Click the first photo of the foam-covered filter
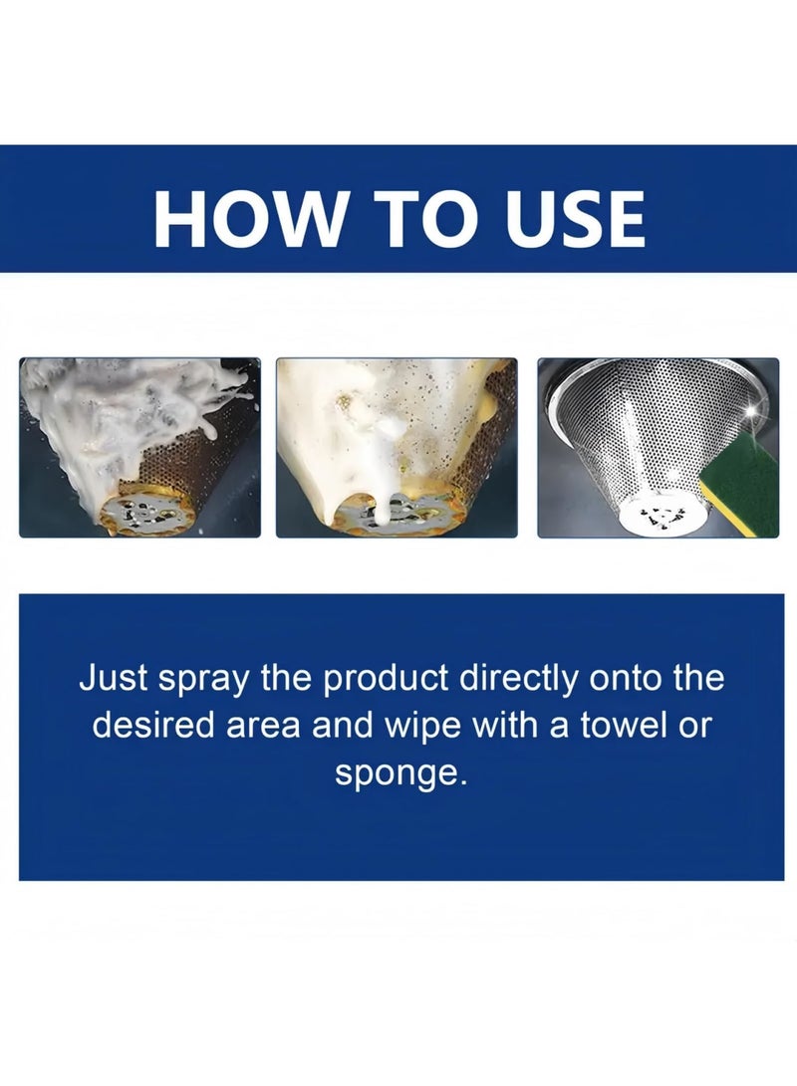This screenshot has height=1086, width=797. click(139, 448)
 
